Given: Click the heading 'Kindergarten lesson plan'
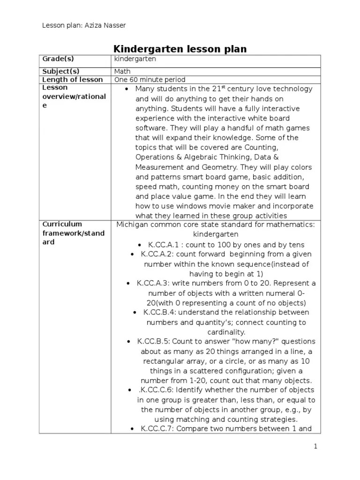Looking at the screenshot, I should tap(180, 49).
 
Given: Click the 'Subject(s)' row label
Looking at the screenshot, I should tap(61, 71).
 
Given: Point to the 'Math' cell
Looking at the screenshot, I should tap(123, 71).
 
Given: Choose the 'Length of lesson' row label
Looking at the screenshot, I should tap(72, 80).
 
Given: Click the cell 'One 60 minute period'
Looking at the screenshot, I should tap(150, 80).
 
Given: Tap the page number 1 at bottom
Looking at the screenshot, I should tap(316, 446).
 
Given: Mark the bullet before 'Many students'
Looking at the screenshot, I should tap(127, 89).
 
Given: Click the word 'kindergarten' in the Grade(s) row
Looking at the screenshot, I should tap(135, 59).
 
